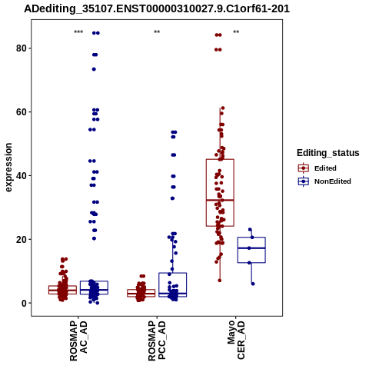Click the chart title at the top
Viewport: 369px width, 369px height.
click(x=157, y=9)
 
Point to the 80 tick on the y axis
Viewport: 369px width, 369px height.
click(x=22, y=48)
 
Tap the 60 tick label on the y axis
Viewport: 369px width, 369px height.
click(x=22, y=112)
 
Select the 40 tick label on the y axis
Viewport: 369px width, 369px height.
click(x=22, y=176)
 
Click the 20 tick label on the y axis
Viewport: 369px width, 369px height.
click(x=22, y=239)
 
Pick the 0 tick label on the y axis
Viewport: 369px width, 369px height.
click(x=24, y=303)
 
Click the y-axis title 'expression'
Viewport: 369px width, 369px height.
click(x=8, y=168)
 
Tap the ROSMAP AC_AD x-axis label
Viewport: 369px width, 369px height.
click(x=78, y=341)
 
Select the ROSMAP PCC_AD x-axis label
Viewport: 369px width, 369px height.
click(x=157, y=341)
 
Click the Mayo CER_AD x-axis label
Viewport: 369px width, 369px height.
click(x=236, y=340)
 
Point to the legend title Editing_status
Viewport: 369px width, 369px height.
click(x=328, y=153)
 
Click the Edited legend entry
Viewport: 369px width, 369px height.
click(x=317, y=168)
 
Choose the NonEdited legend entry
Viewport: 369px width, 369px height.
click(x=324, y=181)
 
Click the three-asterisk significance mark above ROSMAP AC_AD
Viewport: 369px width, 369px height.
click(x=78, y=32)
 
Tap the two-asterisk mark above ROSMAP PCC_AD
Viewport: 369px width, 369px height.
click(x=157, y=32)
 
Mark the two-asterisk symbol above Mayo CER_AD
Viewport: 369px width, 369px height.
click(x=236, y=32)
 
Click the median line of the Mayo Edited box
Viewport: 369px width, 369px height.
click(x=220, y=200)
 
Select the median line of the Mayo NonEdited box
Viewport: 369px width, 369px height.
click(x=251, y=248)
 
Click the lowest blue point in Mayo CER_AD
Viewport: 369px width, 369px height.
click(x=253, y=284)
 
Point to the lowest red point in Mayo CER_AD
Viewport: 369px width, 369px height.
click(x=220, y=281)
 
